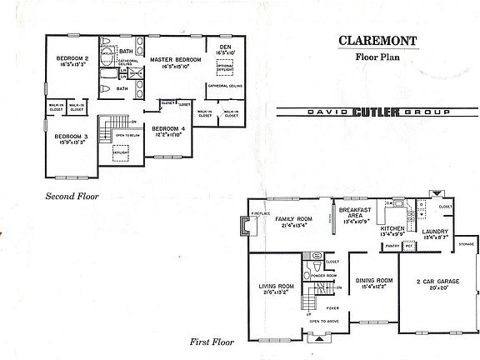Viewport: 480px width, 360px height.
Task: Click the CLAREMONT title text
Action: (372, 39)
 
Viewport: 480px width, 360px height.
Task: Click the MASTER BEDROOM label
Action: (176, 60)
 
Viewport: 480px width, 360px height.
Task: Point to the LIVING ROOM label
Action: (274, 288)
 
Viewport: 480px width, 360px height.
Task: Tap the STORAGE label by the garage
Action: (467, 244)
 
